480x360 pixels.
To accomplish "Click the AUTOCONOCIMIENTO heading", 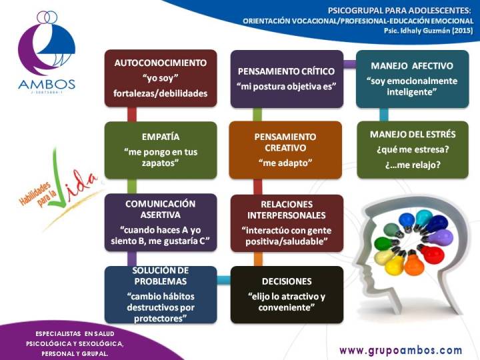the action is click(x=161, y=63).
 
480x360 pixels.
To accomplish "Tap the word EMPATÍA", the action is click(x=161, y=137).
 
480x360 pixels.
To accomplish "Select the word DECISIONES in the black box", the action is click(x=287, y=281).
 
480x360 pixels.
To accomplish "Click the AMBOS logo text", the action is click(x=47, y=84).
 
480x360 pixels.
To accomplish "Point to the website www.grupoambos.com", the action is click(x=401, y=350).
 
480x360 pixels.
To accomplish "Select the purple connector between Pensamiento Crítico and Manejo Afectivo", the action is click(x=349, y=64).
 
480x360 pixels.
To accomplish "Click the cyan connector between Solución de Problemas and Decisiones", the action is click(x=224, y=280).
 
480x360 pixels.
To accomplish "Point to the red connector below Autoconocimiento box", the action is click(x=131, y=115).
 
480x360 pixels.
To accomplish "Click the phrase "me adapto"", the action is click(x=285, y=163).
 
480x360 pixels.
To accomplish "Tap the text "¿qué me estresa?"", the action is click(x=413, y=150).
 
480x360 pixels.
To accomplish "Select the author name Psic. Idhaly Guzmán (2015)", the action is click(x=428, y=31).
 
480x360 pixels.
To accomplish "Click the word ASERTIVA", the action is click(x=161, y=215).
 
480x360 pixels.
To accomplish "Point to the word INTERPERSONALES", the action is click(x=287, y=215).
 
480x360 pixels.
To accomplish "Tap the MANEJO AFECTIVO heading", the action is click(x=412, y=66).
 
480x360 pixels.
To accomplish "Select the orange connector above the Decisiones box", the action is click(x=258, y=259).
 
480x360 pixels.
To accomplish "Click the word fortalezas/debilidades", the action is click(x=161, y=93).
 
